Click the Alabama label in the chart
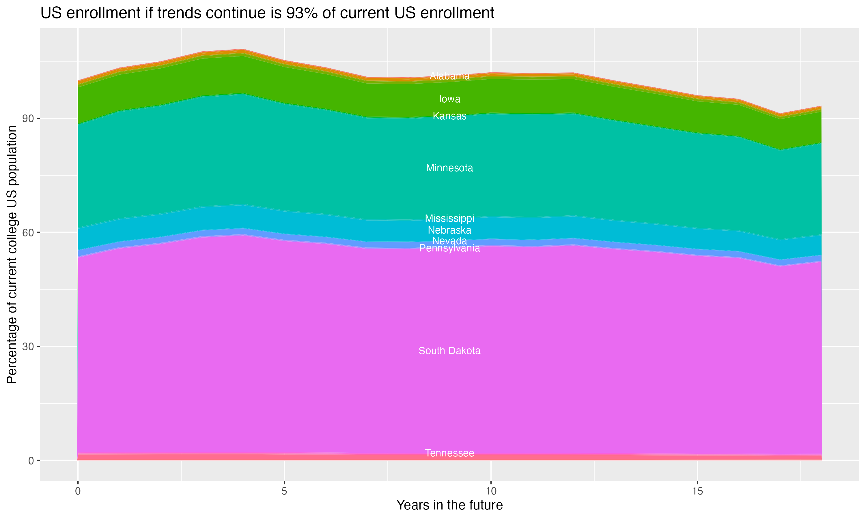(449, 76)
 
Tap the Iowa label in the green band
(449, 99)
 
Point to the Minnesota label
(449, 168)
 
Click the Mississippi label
(449, 218)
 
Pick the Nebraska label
(449, 230)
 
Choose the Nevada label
(449, 241)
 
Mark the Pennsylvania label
(449, 248)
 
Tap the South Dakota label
(449, 351)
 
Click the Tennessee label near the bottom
(449, 453)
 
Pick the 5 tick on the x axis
(284, 491)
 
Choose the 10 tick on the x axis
(491, 491)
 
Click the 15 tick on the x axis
(697, 491)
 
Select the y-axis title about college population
(12, 255)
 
